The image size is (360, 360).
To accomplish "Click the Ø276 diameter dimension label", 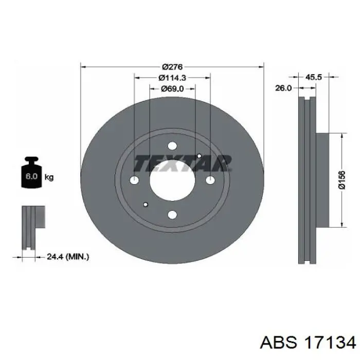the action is coord(172,67).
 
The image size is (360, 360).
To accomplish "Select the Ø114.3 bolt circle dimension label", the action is coord(172,78).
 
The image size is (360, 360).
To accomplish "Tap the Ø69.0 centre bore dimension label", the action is coord(172,88).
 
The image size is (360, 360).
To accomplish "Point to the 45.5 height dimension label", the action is coord(314,77).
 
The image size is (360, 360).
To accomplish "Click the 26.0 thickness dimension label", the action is coord(283,88).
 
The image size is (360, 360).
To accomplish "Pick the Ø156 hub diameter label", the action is coord(342,180).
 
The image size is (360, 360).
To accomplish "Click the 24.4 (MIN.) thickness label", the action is coord(68,257).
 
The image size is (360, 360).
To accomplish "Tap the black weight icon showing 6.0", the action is coord(31,172).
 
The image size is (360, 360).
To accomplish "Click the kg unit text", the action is coord(49,177).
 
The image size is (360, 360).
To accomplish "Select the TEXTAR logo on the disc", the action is coord(183,164).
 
